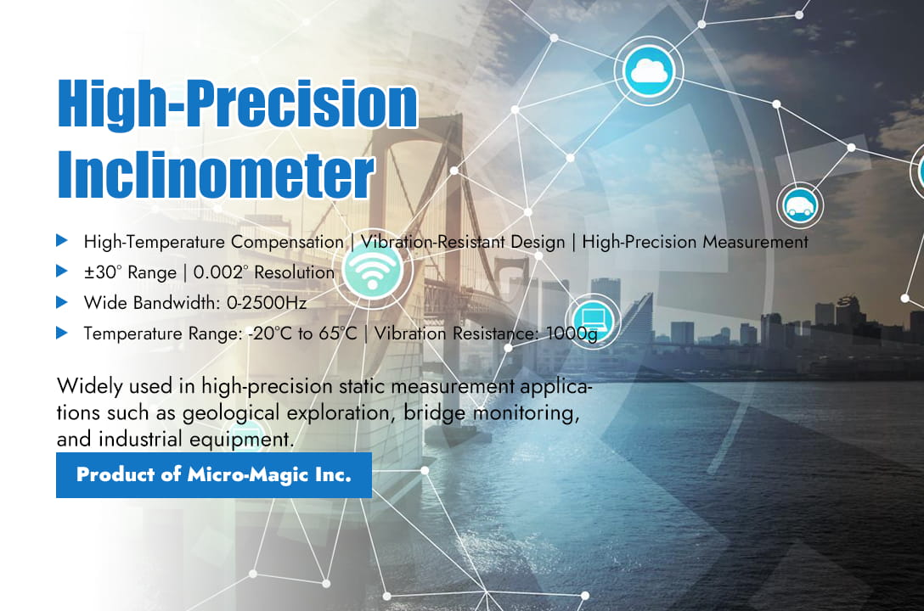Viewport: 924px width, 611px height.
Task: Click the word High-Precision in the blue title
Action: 237,104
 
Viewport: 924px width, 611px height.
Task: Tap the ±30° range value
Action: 103,272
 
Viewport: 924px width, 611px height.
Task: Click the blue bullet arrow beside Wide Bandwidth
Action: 61,301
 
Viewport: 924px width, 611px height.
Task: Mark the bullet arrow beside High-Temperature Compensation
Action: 61,241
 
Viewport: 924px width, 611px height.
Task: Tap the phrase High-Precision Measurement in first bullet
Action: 695,242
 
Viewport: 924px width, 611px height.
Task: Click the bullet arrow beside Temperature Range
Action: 61,333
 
